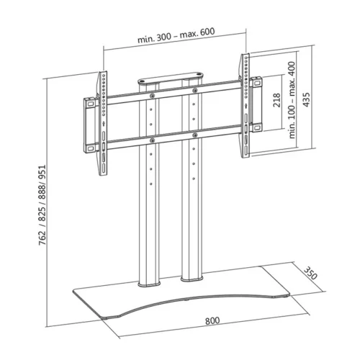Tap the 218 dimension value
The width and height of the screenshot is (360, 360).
pyautogui.click(x=278, y=100)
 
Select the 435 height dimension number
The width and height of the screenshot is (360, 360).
pyautogui.click(x=307, y=99)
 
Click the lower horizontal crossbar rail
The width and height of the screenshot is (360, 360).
pyautogui.click(x=173, y=132)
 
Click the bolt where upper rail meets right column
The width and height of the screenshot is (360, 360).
pyautogui.click(x=194, y=89)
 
